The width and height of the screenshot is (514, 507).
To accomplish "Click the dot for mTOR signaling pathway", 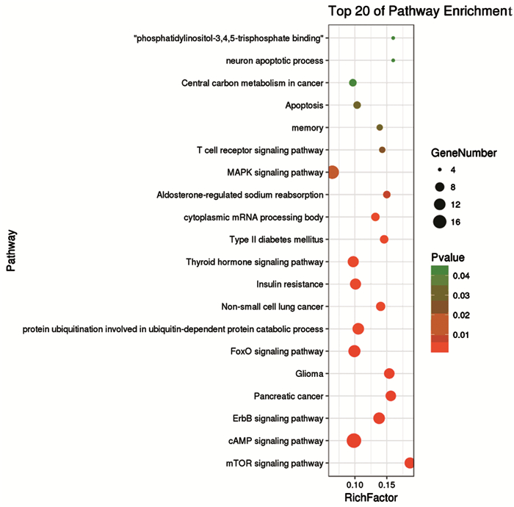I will point(410,463).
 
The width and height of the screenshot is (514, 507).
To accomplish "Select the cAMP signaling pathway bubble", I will point(354,441).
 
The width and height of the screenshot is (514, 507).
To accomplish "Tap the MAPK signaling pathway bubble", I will point(333,173).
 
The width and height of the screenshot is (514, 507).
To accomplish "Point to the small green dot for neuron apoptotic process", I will point(394,60).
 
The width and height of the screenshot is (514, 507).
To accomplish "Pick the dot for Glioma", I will point(389,374).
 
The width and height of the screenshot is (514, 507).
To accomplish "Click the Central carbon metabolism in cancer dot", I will point(352,83).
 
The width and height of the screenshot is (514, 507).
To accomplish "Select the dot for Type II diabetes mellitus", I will point(384,240).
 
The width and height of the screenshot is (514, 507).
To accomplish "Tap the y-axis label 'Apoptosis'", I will point(304,106).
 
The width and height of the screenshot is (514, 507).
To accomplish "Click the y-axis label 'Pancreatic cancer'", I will point(289,397).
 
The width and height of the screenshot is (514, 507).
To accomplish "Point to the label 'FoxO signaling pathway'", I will point(278,352).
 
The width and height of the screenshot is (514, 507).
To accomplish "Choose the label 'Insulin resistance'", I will point(290,284).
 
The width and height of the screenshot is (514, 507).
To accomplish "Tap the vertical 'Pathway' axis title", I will point(12,251).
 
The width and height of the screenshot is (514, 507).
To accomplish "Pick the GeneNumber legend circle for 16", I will point(440,221).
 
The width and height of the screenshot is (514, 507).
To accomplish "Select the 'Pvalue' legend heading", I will point(448,257).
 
